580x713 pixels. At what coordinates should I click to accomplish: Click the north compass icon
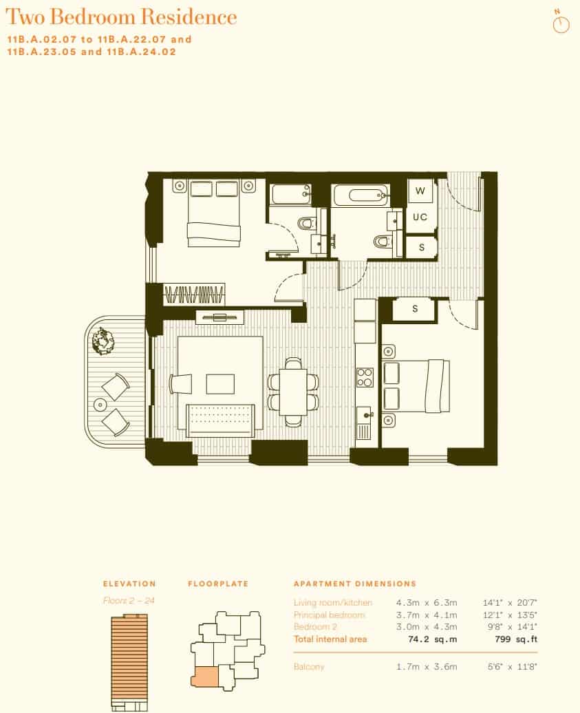pos(561,24)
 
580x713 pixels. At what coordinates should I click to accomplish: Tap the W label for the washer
pos(420,191)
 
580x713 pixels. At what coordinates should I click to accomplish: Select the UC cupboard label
pos(420,217)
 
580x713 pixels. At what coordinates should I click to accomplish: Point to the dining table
pos(294,390)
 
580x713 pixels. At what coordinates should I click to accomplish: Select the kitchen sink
pos(364,416)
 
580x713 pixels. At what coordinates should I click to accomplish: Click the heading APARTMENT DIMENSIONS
pos(355,584)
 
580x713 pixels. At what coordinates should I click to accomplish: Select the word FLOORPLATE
pos(218,584)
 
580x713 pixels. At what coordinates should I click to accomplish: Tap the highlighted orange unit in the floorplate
pos(204,677)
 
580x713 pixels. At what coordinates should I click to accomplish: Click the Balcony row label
pos(309,666)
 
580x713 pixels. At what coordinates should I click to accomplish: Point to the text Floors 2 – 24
pos(129,601)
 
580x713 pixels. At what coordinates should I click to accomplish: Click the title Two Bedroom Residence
pos(121,17)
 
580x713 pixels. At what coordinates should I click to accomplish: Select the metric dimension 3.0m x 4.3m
pos(435,627)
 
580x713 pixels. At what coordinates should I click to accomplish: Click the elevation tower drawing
pos(129,661)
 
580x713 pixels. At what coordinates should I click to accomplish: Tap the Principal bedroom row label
pos(330,615)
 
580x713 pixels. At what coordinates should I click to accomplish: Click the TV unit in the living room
pos(219,317)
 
